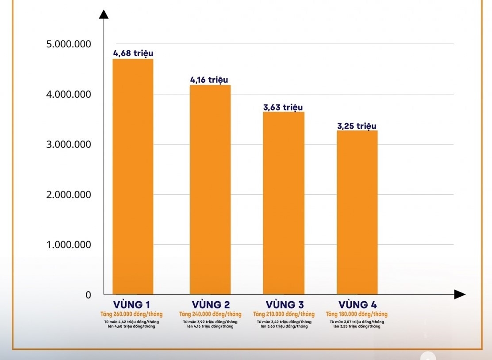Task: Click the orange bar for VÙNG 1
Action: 133,176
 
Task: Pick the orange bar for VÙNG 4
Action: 357,212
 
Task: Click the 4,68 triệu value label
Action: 133,54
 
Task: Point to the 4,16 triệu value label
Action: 209,80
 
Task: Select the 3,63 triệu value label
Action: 283,107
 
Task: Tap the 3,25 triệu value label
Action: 357,126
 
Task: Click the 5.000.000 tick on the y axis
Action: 69,44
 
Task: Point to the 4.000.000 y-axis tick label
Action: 69,94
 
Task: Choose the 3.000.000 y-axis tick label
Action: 69,145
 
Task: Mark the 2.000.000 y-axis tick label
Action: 69,195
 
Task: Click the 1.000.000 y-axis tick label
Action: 69,245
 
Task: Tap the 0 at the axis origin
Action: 88,295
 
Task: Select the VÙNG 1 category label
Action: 132,305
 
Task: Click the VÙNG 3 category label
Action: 284,305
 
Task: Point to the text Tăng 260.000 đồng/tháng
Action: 131,314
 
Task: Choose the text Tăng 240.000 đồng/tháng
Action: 210,314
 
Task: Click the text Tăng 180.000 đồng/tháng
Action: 357,314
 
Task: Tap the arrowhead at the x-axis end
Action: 460,295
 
